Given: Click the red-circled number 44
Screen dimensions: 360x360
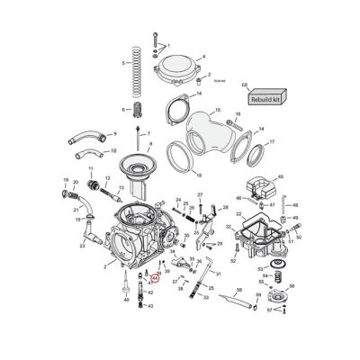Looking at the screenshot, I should point(154,279).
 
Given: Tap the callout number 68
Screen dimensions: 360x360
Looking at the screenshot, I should point(244,85).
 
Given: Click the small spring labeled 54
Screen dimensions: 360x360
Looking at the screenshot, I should point(275,275).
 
